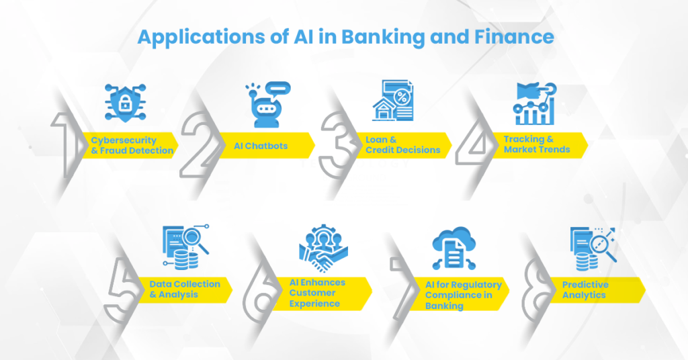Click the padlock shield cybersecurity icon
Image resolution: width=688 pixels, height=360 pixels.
[x=125, y=103]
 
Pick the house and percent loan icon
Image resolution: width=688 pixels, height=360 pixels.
[x=393, y=101]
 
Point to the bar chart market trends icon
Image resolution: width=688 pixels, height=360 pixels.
[x=534, y=103]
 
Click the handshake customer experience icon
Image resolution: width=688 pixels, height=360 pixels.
[x=325, y=247]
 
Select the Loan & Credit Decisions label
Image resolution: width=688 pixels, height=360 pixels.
[x=402, y=145]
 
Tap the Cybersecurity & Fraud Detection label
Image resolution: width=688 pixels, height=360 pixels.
[x=132, y=146]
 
